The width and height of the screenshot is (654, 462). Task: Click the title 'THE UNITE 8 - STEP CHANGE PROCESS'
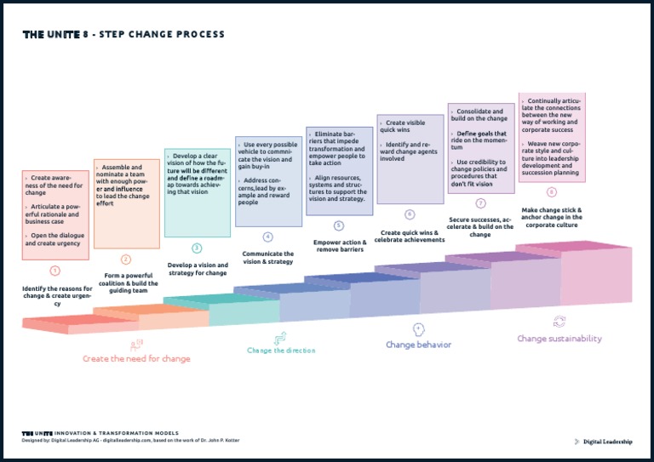pos(123,35)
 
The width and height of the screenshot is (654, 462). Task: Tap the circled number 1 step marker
pos(55,271)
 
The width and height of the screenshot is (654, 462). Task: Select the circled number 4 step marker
pos(267,237)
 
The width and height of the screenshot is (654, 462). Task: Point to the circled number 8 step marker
pos(552,192)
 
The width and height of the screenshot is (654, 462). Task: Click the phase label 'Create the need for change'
pos(136,359)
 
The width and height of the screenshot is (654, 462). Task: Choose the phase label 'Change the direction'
pos(281,351)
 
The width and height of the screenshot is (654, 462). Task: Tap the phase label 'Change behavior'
pos(418,345)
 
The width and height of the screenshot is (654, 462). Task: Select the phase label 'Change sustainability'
pos(559,339)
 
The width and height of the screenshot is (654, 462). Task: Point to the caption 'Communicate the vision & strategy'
pos(267,258)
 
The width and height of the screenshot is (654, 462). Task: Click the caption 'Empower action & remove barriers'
pos(340,247)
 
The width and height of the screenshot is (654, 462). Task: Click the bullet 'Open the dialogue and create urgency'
pos(55,239)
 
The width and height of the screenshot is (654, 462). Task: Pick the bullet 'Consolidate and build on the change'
pos(480,115)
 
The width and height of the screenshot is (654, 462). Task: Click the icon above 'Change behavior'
pos(418,328)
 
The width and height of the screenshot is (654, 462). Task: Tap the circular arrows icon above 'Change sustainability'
pos(559,322)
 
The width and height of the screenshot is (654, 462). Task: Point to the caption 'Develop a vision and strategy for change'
pos(197,270)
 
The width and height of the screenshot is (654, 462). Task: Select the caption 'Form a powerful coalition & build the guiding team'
pos(126,283)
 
